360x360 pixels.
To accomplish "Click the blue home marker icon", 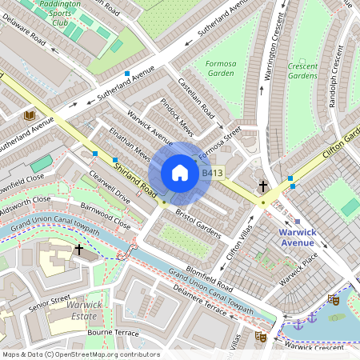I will coord(180,172).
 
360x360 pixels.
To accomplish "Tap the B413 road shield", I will coord(212,173).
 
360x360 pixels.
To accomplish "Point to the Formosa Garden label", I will coord(219,68).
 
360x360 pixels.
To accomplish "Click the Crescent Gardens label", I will coord(302,70).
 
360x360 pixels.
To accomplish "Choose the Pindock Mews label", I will coord(177,115).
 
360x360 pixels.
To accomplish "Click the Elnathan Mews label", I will coord(130,141).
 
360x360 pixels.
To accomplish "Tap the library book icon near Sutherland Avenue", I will coord(30,116).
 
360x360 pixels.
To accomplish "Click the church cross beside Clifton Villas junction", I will coord(262,186).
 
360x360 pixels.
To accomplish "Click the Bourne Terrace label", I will coord(113,331).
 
